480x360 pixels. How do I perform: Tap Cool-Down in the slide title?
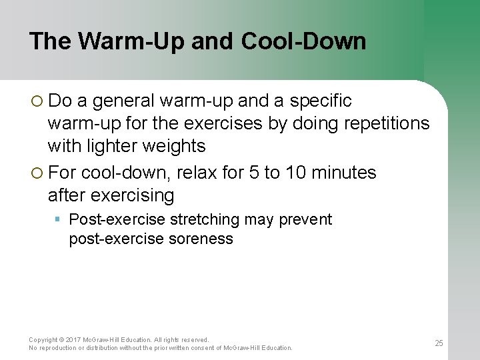point(303,41)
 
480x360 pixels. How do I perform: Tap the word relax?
point(199,173)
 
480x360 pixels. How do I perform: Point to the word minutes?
point(345,173)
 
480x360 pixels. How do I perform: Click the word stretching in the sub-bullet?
point(205,220)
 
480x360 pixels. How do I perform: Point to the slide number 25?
point(439,343)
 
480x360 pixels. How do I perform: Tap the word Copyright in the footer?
point(43,340)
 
